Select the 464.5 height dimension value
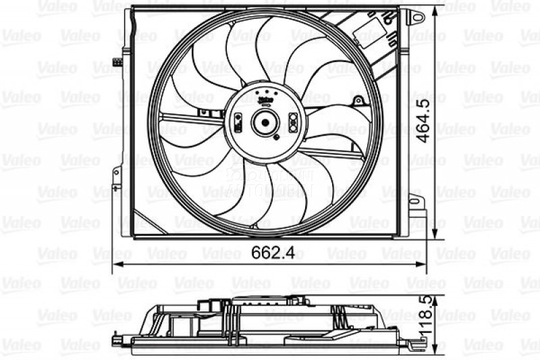[423, 120]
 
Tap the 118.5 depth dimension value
[423, 327]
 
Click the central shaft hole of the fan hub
[264, 122]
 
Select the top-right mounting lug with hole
[416, 15]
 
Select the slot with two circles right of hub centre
[293, 122]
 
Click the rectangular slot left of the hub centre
[238, 123]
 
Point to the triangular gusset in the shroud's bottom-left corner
[143, 223]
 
